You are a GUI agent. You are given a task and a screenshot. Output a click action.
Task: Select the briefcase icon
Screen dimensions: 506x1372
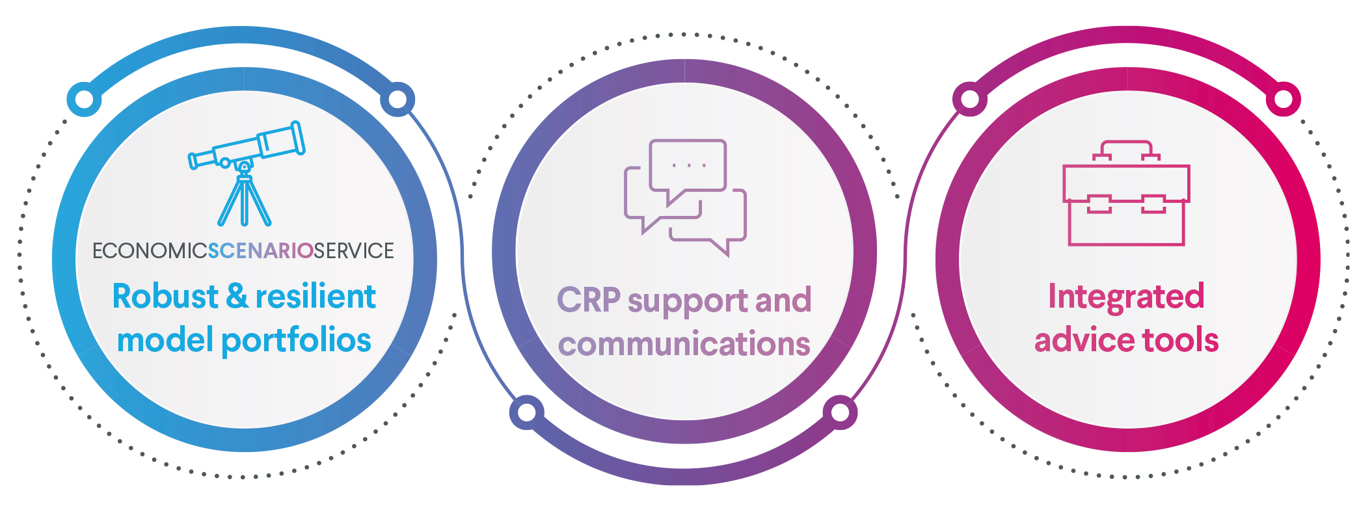pyautogui.click(x=1126, y=195)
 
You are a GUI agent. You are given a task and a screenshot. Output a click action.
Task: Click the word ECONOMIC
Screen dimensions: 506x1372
pyautogui.click(x=150, y=251)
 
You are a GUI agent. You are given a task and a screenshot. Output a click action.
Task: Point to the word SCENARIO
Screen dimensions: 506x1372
pyautogui.click(x=261, y=251)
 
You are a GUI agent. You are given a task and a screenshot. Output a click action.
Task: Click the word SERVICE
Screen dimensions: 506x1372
pyautogui.click(x=354, y=251)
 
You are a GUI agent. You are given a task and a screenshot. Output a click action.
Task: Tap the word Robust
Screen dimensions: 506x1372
pyautogui.click(x=165, y=297)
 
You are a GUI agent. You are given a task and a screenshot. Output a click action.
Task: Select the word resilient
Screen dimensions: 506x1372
pyautogui.click(x=316, y=297)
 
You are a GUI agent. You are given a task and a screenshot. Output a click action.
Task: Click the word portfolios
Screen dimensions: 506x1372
pyautogui.click(x=296, y=341)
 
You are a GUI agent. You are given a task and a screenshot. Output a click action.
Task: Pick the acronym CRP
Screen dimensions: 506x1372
pyautogui.click(x=588, y=300)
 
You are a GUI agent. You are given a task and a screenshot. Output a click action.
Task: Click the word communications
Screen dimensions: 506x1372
pyautogui.click(x=684, y=344)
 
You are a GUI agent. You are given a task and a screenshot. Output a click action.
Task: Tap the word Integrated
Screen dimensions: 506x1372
pyautogui.click(x=1126, y=297)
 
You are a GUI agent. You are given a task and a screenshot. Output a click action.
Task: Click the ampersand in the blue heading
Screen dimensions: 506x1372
pyautogui.click(x=237, y=297)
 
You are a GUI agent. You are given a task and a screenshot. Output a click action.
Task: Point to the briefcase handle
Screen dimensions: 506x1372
pyautogui.click(x=1126, y=149)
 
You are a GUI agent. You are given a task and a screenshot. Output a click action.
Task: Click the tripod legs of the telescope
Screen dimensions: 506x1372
pyautogui.click(x=245, y=202)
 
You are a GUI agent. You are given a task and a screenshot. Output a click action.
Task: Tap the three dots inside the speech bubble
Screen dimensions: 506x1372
pyautogui.click(x=689, y=165)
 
